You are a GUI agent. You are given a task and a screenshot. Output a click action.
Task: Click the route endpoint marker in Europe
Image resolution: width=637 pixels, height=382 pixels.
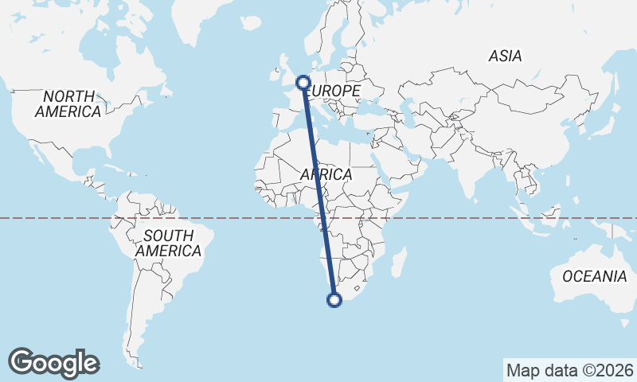tap(303, 81)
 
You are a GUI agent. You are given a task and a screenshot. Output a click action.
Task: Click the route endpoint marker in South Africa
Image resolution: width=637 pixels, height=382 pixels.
tap(334, 300)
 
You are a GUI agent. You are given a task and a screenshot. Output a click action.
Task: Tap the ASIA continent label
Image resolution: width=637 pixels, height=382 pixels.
tap(506, 57)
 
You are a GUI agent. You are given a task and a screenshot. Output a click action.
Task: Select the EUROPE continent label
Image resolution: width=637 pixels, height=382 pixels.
tap(334, 92)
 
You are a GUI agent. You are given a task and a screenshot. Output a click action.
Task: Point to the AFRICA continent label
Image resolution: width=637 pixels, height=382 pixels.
tap(326, 174)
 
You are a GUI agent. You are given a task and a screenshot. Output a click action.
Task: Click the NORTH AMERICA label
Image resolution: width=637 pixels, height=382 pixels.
tap(68, 104)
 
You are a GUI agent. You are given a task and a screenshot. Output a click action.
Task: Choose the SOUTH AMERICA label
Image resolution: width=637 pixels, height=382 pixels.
tap(168, 244)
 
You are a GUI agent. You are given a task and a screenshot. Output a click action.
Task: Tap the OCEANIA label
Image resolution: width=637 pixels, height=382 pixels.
tap(594, 277)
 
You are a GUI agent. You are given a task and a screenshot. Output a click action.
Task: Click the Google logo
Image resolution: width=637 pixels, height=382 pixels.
tap(53, 363)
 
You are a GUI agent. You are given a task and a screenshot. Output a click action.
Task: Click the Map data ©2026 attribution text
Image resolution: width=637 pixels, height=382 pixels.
tap(569, 370)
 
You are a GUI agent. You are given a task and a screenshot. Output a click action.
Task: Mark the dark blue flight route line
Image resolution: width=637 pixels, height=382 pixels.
tap(318, 191)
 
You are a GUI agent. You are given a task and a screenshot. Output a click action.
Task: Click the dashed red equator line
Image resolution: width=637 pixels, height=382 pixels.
tap(478, 217)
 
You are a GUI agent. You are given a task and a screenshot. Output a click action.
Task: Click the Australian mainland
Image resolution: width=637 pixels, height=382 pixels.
tap(581, 294)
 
